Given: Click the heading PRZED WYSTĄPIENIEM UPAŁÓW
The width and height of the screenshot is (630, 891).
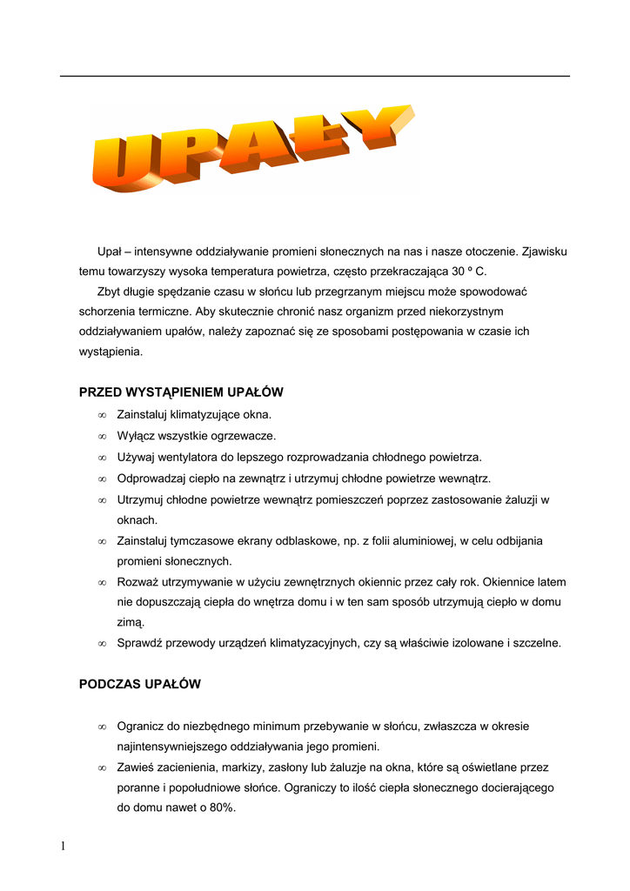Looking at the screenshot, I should (181, 392).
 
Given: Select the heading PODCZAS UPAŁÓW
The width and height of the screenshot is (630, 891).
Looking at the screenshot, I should (139, 684).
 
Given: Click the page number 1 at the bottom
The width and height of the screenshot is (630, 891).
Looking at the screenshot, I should (64, 847).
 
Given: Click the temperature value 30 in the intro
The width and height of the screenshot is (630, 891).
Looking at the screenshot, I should (459, 271).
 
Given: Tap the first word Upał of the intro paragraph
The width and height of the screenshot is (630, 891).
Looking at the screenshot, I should (108, 251).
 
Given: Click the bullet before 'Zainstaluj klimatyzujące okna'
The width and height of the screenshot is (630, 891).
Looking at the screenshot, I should (102, 415).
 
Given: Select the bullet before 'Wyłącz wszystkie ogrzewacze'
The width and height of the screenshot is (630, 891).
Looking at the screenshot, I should (102, 436).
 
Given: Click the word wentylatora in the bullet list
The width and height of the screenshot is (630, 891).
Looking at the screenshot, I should (189, 457).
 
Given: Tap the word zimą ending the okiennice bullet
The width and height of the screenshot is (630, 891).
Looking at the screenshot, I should (131, 623).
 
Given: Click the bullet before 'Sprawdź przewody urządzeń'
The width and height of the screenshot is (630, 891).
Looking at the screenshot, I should (102, 644).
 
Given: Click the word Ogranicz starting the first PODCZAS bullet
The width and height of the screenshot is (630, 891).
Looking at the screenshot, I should (142, 726).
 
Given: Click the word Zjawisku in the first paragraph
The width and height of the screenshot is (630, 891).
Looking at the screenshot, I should (544, 251).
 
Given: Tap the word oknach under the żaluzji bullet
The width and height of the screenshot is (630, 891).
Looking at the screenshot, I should (137, 519).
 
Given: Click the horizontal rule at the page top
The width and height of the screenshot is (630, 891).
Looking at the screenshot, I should (315, 76).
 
